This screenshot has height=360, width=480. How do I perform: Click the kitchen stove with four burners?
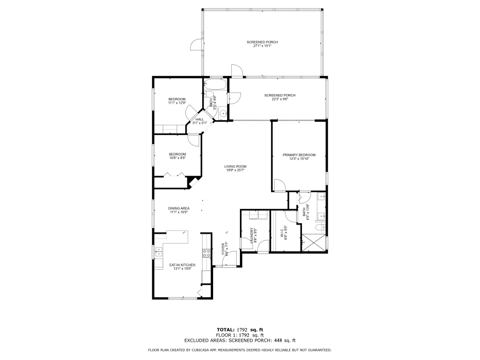tap(206, 253)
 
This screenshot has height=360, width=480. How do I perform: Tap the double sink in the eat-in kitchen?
tap(158, 252)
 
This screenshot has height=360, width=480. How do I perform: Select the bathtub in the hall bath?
tap(216, 84)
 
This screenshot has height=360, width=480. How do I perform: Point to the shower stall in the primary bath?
tap(313, 243)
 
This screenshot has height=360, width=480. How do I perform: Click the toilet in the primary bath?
tap(320, 228)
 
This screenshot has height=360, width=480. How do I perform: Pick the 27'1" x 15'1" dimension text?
tap(262, 46)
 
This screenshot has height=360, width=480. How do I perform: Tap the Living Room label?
tap(235, 167)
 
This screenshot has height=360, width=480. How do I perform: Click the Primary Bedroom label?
tap(299, 155)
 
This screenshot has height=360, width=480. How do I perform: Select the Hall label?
tap(200, 120)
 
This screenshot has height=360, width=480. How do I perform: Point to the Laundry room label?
tap(252, 235)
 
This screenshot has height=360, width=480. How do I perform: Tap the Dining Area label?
tap(179, 208)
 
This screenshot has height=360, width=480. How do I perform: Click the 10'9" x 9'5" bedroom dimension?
tap(178, 158)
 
